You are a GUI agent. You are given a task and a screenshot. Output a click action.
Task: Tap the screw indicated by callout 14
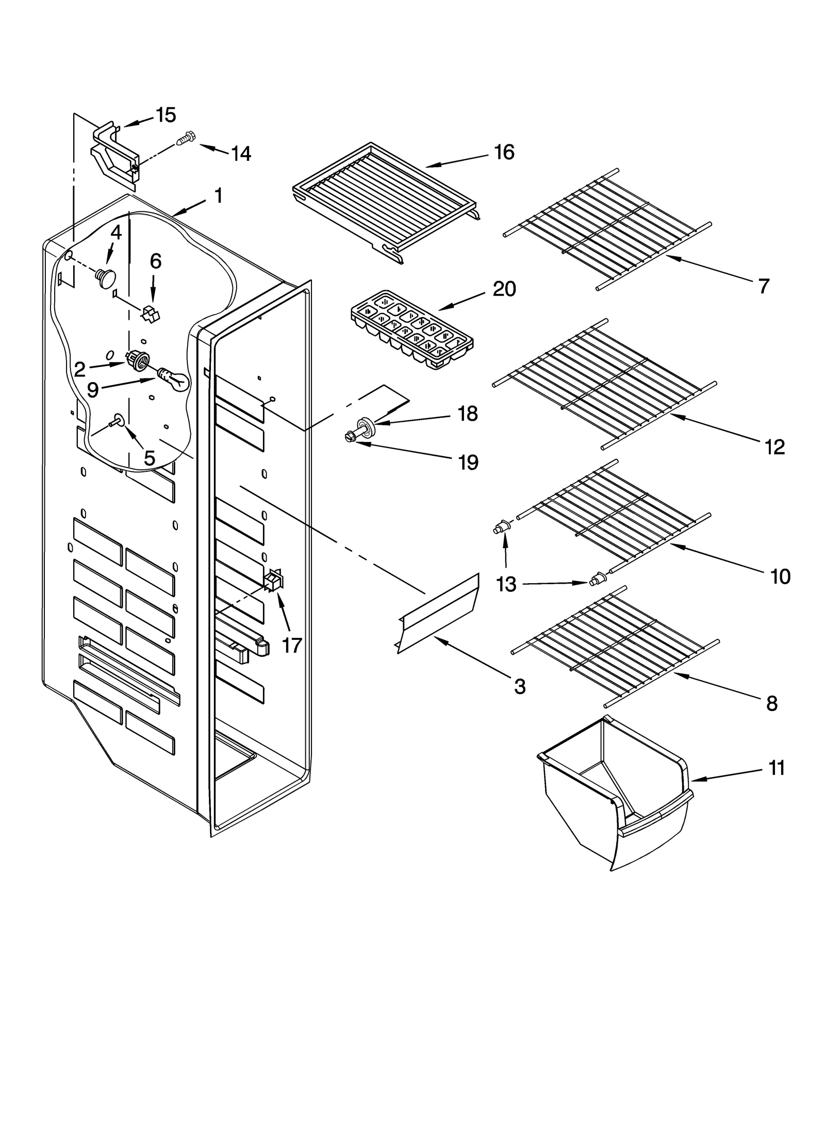tap(185, 140)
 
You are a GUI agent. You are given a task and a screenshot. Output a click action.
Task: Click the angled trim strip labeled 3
tap(438, 612)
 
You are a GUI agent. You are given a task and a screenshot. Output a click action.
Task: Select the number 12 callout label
tap(774, 447)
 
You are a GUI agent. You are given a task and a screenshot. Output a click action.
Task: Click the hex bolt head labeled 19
tap(351, 437)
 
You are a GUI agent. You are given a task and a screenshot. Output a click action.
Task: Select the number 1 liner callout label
tap(218, 196)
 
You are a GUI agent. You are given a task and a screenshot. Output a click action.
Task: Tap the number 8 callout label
tap(771, 703)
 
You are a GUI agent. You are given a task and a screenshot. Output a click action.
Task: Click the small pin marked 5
tap(117, 422)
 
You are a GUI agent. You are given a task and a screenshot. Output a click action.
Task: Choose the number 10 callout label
tap(780, 576)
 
